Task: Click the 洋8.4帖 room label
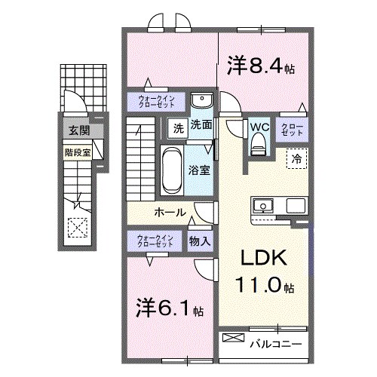click(260, 67)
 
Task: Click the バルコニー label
click(275, 344)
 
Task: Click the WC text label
click(259, 125)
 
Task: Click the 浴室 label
click(200, 170)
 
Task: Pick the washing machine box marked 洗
click(177, 127)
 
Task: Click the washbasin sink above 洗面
click(201, 102)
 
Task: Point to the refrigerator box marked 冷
click(296, 158)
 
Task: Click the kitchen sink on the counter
click(265, 206)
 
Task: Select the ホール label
click(170, 212)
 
